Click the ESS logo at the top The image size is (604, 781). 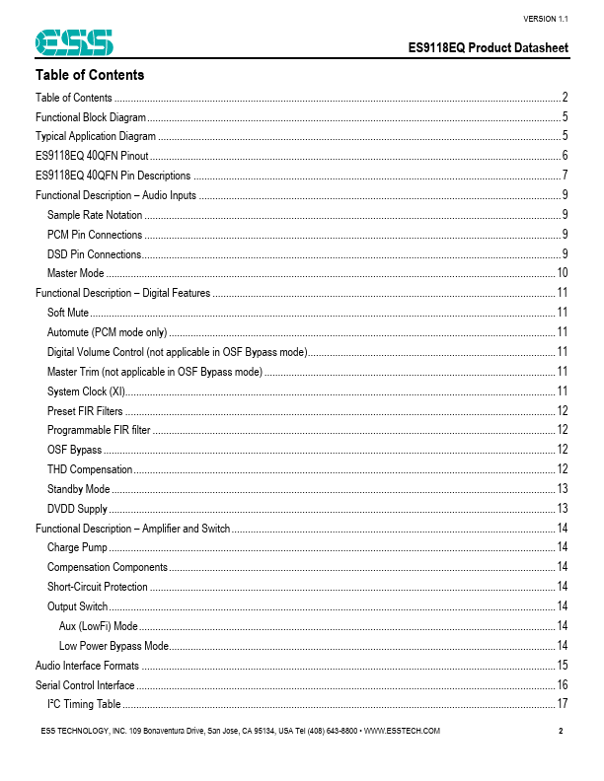click(74, 42)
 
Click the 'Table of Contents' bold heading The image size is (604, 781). click(90, 75)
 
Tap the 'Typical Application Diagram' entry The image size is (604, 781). click(96, 136)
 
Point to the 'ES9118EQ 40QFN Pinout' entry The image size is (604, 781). click(92, 156)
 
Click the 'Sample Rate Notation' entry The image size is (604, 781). click(95, 215)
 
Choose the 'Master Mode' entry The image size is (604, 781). click(76, 273)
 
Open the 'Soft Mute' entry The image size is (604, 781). click(68, 313)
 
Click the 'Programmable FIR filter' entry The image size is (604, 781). click(99, 430)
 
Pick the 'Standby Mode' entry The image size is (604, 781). click(79, 489)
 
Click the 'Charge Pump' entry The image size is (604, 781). click(77, 547)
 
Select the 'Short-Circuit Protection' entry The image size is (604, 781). click(98, 587)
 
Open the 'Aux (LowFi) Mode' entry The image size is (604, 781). click(99, 626)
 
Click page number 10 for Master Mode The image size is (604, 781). click(562, 273)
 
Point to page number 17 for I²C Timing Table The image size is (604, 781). click(562, 704)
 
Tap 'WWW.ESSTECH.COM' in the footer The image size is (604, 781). click(395, 731)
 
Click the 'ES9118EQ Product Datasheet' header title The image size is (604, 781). click(489, 48)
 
